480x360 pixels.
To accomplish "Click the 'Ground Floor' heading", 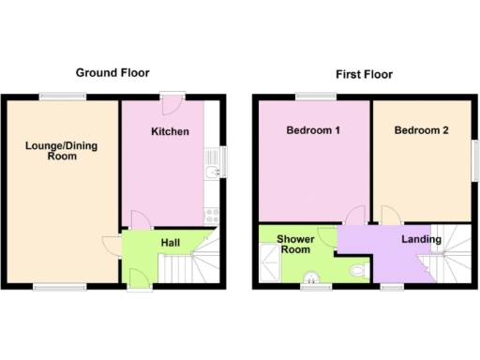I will click(x=112, y=73).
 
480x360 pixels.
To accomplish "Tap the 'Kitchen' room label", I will click(x=170, y=131).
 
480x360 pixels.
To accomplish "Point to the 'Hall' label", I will click(x=171, y=243).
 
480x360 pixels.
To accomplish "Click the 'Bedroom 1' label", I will click(x=312, y=130).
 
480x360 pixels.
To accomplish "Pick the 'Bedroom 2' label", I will click(x=421, y=130).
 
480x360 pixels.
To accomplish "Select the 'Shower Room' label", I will click(x=294, y=245).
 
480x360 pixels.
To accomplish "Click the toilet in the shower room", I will click(x=356, y=271).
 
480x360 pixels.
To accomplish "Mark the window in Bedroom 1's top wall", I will click(x=315, y=96).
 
